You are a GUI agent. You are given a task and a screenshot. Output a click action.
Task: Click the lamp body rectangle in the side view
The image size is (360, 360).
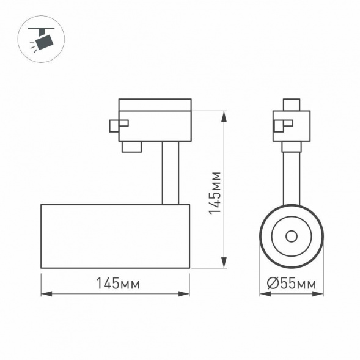click(x=115, y=236)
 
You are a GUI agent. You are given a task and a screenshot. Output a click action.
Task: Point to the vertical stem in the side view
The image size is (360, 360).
click(x=170, y=174)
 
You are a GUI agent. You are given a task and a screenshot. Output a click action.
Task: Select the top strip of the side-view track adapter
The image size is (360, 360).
click(x=155, y=104)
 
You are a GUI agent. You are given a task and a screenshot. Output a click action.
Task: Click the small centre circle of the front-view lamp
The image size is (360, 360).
click(x=292, y=236)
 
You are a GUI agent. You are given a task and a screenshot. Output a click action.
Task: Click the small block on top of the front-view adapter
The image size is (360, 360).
click(x=292, y=104)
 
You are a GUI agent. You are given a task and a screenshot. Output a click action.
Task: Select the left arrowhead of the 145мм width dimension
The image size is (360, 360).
click(x=44, y=294)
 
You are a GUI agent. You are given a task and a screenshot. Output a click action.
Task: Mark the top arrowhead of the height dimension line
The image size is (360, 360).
click(x=224, y=114)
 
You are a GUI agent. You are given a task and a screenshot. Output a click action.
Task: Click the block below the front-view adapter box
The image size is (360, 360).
click(x=292, y=146)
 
